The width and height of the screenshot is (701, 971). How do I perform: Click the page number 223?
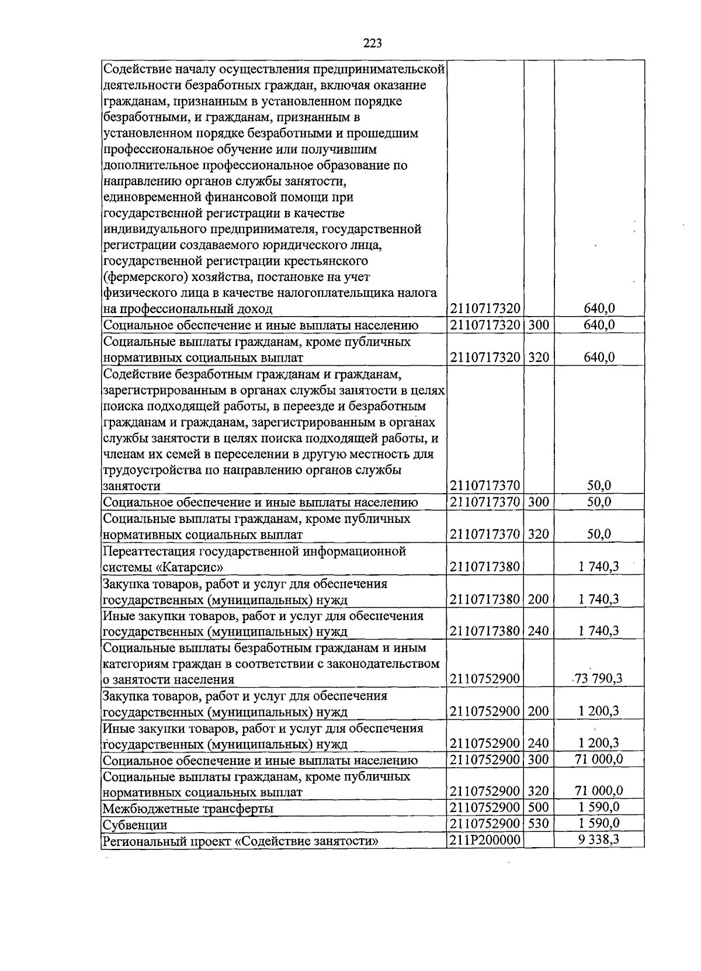372,43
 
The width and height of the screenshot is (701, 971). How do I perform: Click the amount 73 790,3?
599,678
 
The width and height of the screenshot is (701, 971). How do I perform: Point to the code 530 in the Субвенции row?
539,824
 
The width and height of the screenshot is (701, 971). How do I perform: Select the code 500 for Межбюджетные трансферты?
539,807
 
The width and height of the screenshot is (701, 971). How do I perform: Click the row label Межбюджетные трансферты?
188,809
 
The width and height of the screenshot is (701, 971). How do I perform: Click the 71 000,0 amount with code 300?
599,759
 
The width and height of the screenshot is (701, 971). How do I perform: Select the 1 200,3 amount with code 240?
599,743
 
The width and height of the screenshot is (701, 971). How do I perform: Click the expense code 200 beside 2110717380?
539,599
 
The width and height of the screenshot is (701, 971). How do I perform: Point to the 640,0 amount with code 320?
599,357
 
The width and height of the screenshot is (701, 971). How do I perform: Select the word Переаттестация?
149,552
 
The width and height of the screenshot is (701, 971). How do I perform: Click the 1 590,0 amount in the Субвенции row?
599,824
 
